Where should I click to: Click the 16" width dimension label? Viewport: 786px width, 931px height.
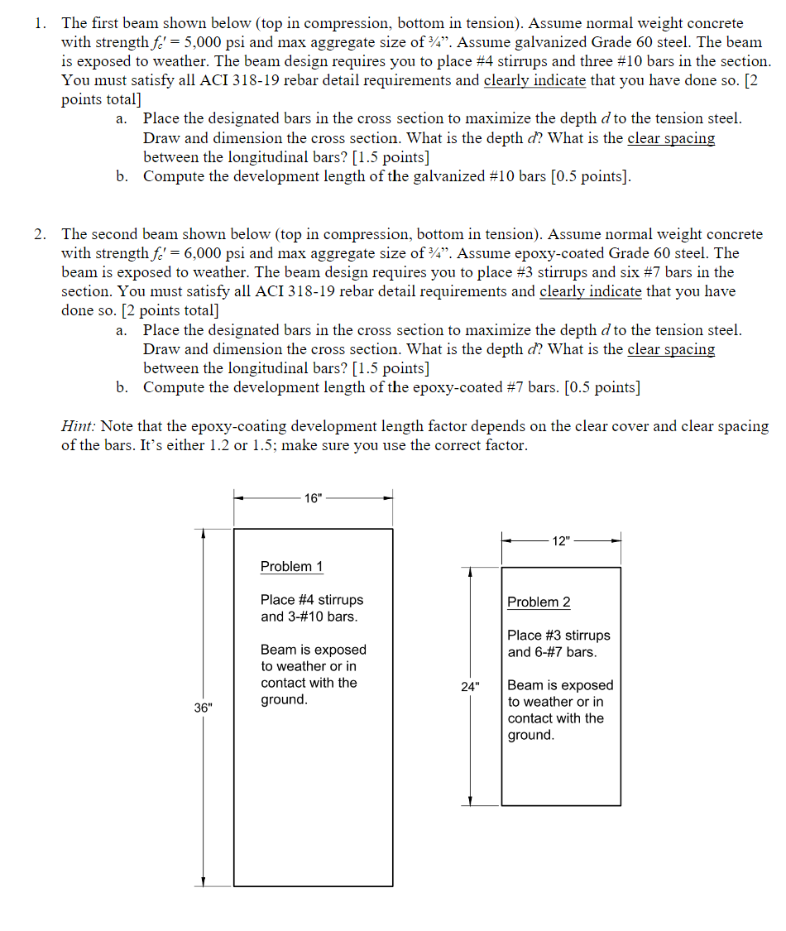(314, 498)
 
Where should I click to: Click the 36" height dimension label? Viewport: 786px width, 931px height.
(203, 708)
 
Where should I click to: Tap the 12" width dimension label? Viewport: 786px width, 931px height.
(561, 540)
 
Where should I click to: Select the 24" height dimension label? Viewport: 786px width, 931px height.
(471, 686)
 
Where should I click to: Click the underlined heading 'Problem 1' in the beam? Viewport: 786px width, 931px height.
(291, 566)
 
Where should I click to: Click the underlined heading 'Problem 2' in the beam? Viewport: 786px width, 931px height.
(539, 602)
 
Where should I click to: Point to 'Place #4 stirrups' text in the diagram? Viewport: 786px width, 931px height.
(311, 599)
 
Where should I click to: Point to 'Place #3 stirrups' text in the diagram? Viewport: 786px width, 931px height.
(558, 635)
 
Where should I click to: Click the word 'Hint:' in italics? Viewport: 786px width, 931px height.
(79, 426)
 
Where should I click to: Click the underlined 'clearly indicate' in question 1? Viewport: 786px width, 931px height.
(534, 80)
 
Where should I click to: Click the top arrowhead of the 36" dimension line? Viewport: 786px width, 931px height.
(204, 534)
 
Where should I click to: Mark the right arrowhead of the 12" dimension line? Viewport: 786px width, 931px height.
(616, 540)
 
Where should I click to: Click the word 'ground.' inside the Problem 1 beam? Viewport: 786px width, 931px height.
(284, 699)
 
